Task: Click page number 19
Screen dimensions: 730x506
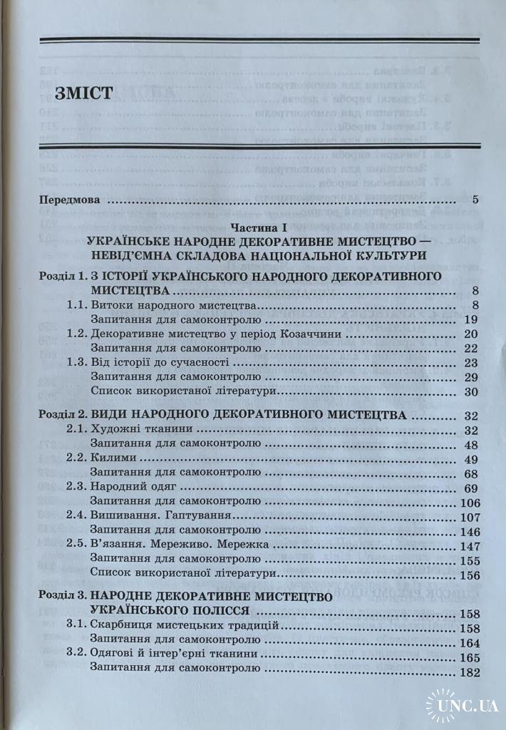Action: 470,319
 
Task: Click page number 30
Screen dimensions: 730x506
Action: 470,391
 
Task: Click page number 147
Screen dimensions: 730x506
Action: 467,545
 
